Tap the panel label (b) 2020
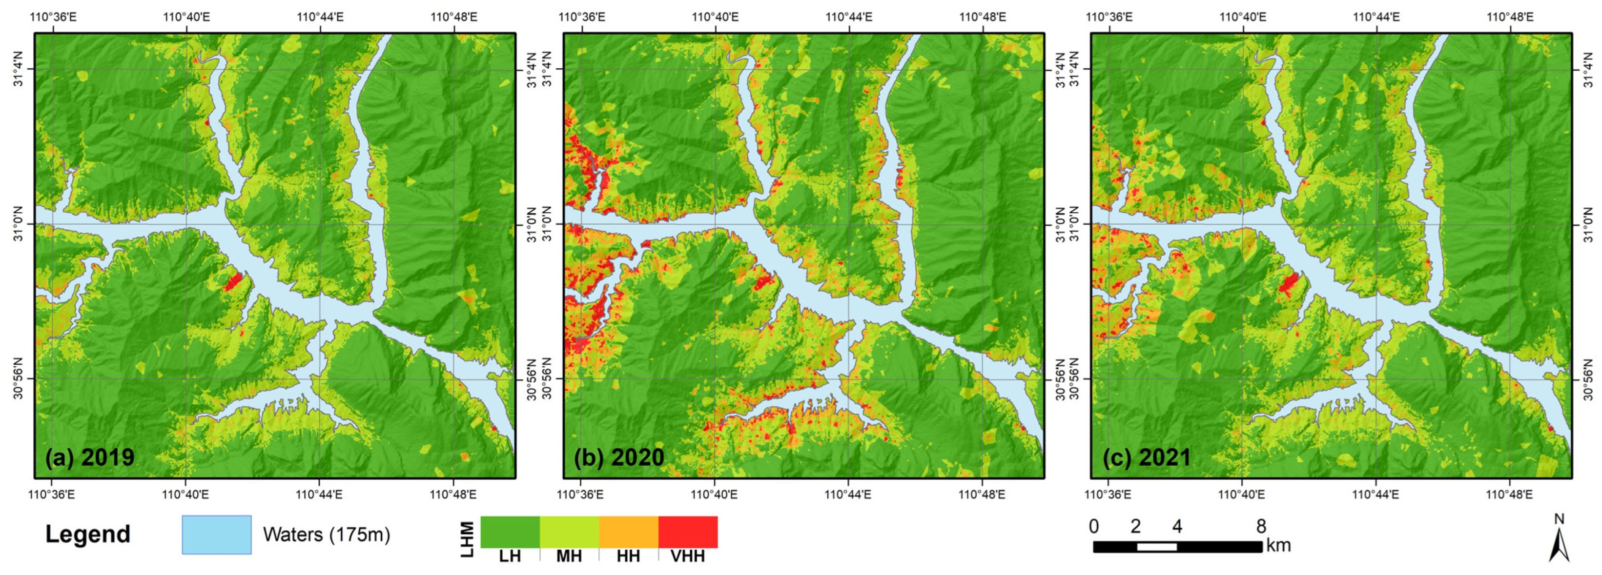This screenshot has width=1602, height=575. click(x=619, y=457)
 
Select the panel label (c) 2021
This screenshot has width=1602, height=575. click(x=1147, y=457)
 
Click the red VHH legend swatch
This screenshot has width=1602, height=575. click(x=688, y=532)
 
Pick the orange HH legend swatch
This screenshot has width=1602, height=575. click(x=629, y=532)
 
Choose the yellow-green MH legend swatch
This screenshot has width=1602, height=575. click(x=570, y=532)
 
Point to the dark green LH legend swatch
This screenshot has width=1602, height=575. click(x=510, y=532)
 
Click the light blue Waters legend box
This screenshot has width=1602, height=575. click(x=216, y=535)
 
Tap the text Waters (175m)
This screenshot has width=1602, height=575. click(x=327, y=535)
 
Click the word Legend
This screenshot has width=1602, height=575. click(x=88, y=535)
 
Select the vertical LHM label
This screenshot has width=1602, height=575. click(x=468, y=539)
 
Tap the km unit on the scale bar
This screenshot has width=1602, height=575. click(x=1278, y=546)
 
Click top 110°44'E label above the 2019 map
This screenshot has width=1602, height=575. click(x=320, y=17)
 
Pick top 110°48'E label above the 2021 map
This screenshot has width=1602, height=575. click(x=1510, y=17)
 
